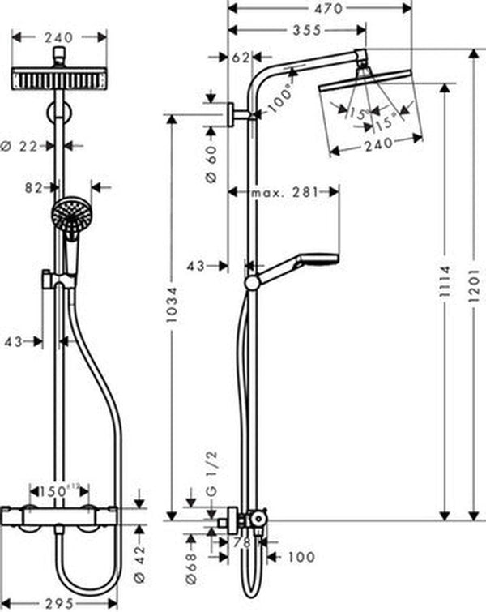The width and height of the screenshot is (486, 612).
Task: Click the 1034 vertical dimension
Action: (x=171, y=316)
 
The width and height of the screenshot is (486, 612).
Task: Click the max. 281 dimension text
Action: (x=284, y=192)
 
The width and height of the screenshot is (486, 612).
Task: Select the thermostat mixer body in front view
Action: (x=68, y=511)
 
